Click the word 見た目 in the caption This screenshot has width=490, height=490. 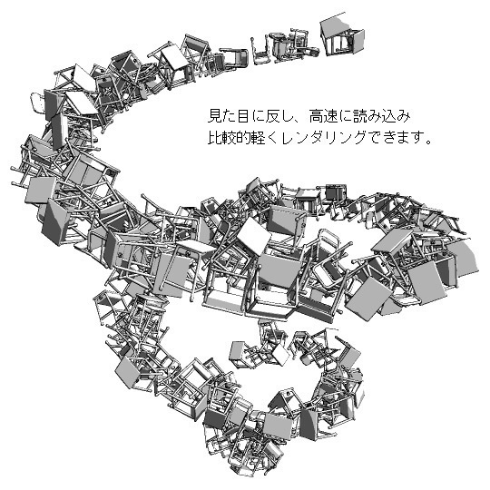pyautogui.click(x=228, y=117)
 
